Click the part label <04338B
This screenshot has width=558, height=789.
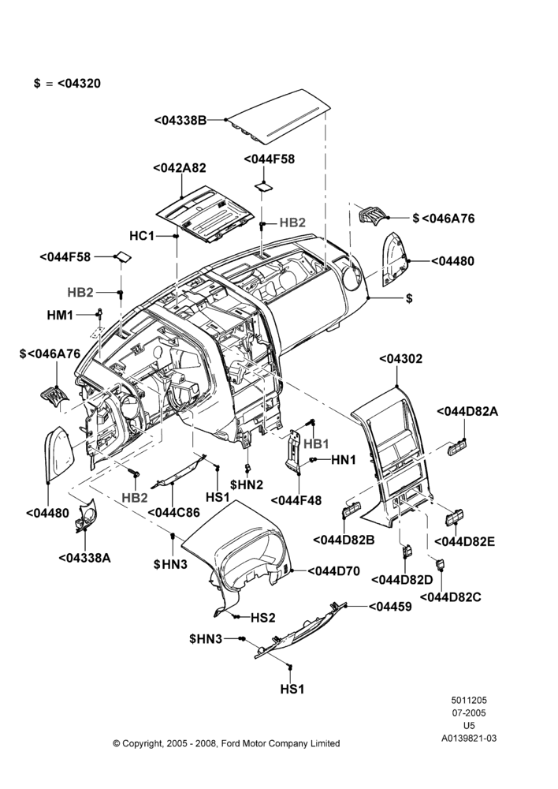pos(180,121)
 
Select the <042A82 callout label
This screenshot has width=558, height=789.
pos(180,168)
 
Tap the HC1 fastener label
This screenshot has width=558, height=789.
pos(142,235)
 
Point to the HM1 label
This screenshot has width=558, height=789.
pos(60,315)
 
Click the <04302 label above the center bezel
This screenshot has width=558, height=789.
pos(400,359)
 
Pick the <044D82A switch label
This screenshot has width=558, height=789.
pos(467,411)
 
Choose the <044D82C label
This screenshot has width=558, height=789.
pos(450,596)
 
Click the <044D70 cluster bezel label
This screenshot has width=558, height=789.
pos(334,571)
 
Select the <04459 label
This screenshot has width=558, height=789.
pos(390,607)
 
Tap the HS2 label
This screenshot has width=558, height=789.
pos(263,618)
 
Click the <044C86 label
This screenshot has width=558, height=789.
pos(173,513)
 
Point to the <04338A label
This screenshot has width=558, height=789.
pos(84,558)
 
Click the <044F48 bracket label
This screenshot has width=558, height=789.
pos(296,501)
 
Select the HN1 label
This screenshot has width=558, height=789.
pos(344,459)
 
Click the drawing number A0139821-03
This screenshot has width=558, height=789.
pos(469,739)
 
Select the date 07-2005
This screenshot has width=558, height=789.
pos(469,712)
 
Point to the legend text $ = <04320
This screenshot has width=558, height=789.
pos(67,84)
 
